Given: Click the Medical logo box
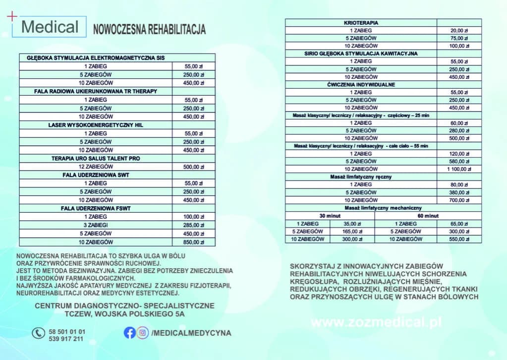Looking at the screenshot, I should [x=50, y=27].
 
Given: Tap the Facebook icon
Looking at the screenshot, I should [x=129, y=333].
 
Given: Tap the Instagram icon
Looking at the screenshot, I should [x=143, y=333].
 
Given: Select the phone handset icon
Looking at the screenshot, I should [x=38, y=333].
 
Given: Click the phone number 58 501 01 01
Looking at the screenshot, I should [x=67, y=331].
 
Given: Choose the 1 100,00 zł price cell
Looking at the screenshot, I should [x=459, y=169].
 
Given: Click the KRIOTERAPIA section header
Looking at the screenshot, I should [x=361, y=23].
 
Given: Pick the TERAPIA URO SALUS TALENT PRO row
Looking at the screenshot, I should [x=96, y=159].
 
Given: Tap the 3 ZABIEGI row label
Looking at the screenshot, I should [x=96, y=225].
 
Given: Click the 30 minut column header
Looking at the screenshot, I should [x=330, y=216].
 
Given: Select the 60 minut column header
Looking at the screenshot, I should [x=428, y=216].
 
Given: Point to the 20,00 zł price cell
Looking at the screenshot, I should [x=459, y=31].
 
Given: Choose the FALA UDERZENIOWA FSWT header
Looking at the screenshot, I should [x=96, y=208].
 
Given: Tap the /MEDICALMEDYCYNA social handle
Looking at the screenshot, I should [x=191, y=333].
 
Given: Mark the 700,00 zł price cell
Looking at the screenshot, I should [x=459, y=200].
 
